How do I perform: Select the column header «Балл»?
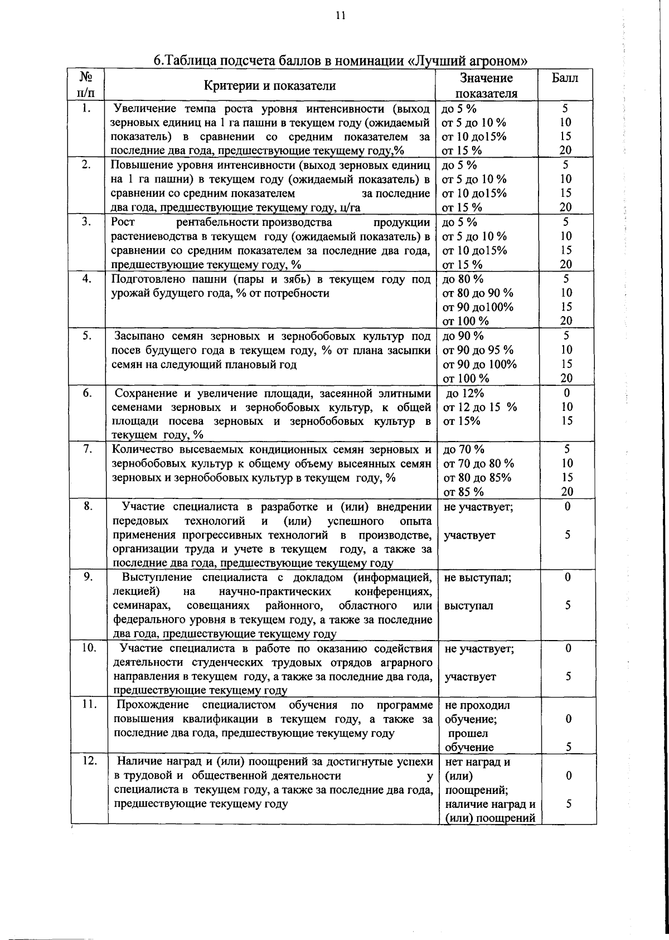(x=565, y=78)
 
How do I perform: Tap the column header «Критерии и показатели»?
(x=270, y=85)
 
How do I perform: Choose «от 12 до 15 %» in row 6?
(x=480, y=407)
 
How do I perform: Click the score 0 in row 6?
(x=567, y=393)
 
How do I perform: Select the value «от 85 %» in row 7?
(x=464, y=492)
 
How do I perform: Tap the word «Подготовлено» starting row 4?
(x=145, y=279)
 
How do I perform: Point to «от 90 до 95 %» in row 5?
(x=478, y=350)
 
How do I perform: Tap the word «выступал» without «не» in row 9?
(x=469, y=605)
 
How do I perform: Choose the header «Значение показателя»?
(x=486, y=85)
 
